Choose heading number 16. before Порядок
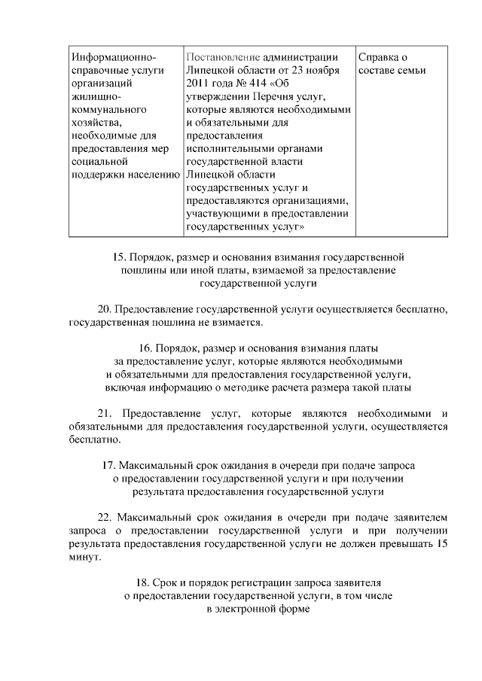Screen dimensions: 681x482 click(x=148, y=348)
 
